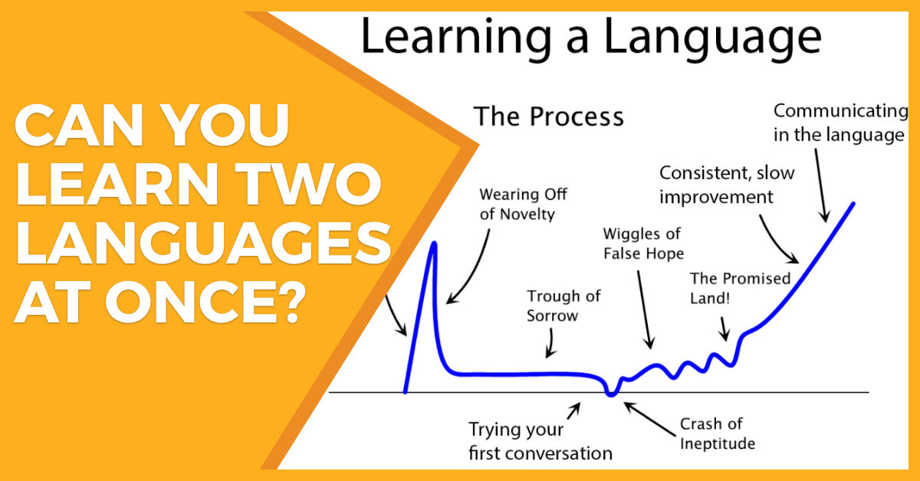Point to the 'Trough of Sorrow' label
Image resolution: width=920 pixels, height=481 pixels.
pyautogui.click(x=563, y=306)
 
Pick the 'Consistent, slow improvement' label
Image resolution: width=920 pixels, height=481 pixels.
pyautogui.click(x=727, y=185)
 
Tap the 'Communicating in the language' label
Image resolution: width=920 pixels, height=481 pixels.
pyautogui.click(x=840, y=123)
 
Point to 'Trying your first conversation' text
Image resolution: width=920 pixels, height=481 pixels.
pyautogui.click(x=540, y=441)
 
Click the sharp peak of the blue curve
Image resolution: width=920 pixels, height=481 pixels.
pyautogui.click(x=433, y=244)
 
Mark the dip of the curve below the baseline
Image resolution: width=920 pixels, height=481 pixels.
pyautogui.click(x=611, y=394)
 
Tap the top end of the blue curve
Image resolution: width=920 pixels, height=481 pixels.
pyautogui.click(x=853, y=204)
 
